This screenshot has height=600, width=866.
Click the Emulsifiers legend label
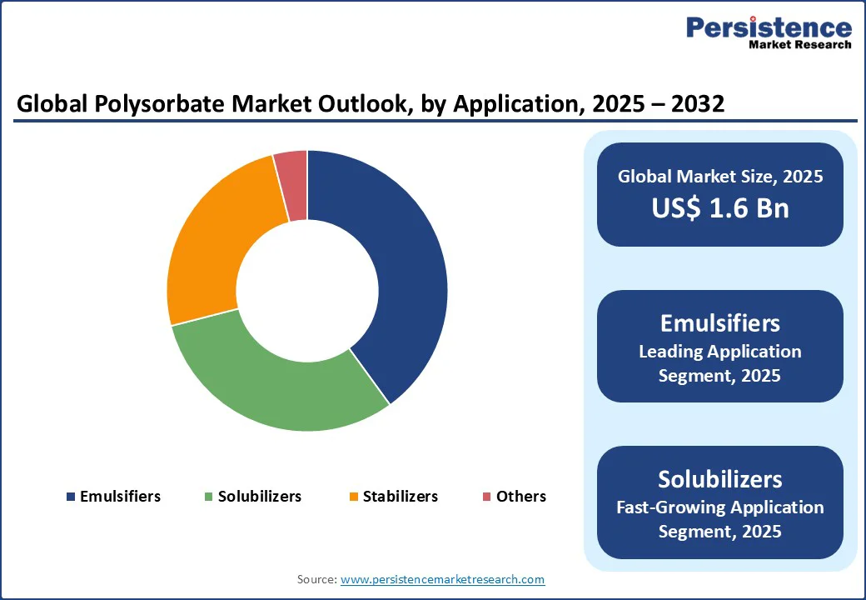click(120, 497)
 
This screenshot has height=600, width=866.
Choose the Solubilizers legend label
click(260, 497)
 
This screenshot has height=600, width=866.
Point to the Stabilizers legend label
click(400, 497)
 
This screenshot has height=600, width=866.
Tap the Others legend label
click(521, 497)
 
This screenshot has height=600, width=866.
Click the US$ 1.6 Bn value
click(720, 207)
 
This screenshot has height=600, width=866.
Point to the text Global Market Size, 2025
click(720, 177)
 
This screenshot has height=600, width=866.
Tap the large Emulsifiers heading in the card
click(720, 322)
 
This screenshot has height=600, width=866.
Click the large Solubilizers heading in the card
click(720, 479)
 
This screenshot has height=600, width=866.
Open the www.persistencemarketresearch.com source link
click(442, 579)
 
